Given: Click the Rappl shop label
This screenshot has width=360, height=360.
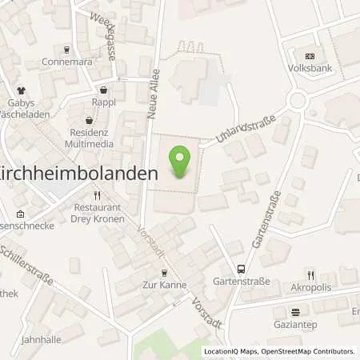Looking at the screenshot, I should [103, 102].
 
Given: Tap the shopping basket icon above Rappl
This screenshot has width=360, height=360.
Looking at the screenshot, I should [103, 90].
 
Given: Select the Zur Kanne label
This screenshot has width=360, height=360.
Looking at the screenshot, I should [165, 285].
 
